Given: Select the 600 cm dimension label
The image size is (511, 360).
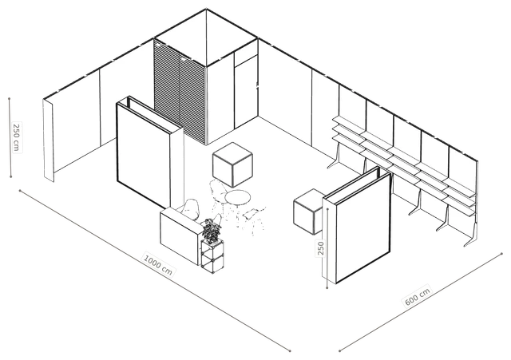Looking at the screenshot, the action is click(x=417, y=296).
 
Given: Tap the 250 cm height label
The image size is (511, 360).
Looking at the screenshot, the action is click(x=16, y=136).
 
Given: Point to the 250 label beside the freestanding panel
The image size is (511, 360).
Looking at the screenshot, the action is click(x=321, y=248).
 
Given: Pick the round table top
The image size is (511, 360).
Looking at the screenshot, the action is click(x=238, y=197).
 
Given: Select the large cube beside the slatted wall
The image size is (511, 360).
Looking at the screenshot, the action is click(x=232, y=164).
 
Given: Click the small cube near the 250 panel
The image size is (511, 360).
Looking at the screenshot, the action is click(x=308, y=212).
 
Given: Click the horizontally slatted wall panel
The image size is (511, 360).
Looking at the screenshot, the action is click(x=180, y=93).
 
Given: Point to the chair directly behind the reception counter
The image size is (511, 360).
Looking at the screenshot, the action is click(x=190, y=209).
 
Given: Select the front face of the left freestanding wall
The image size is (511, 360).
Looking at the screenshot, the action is click(x=144, y=155).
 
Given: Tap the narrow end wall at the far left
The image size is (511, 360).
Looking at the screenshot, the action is click(x=48, y=140).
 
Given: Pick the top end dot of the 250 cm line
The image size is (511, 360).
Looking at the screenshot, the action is click(x=10, y=98).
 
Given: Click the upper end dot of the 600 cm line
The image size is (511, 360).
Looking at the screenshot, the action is click(x=502, y=253).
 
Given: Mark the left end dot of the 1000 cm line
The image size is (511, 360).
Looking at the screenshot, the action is click(x=20, y=190).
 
